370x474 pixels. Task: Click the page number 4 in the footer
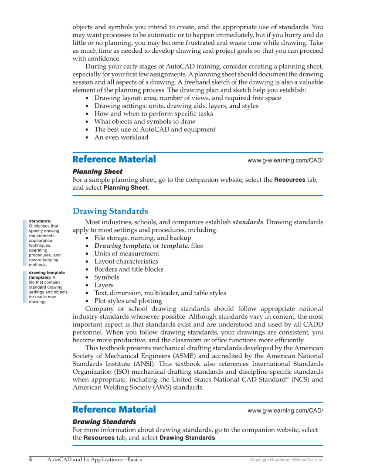[31, 460]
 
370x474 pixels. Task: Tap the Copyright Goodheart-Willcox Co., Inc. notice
[286, 460]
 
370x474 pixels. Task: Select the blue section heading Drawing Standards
[110, 211]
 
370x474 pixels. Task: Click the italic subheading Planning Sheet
[97, 172]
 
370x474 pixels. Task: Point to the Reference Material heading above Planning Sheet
[114, 160]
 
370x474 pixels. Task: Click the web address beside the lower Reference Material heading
[285, 410]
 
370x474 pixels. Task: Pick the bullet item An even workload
[121, 137]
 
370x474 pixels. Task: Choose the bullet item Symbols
[106, 277]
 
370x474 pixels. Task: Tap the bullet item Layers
[104, 285]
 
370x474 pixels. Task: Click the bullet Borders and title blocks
[129, 269]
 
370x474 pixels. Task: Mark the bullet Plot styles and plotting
[128, 301]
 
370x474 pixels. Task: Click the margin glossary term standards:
[40, 222]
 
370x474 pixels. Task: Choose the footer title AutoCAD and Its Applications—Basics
[95, 460]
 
